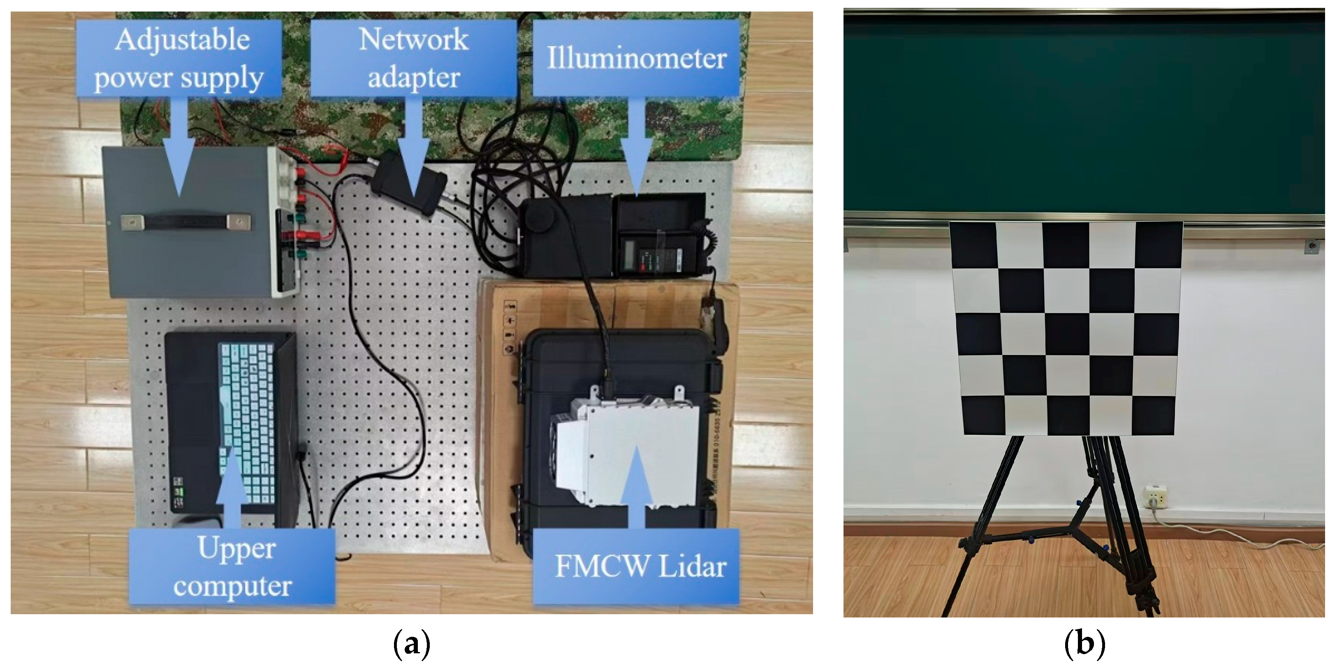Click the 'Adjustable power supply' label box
point(179,58)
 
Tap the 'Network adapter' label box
point(414,58)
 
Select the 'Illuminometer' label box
point(636,58)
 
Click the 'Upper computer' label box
point(232,566)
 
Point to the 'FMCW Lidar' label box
point(636,566)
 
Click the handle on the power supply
point(186,223)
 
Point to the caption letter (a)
point(412,645)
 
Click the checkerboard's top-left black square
point(973,245)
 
